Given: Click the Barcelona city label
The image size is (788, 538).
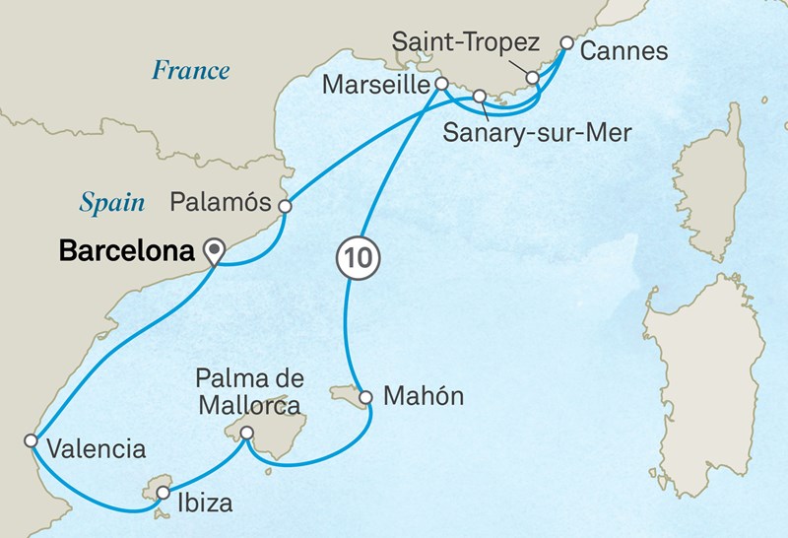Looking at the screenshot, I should [126, 250].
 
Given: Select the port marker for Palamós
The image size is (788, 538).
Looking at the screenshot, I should [285, 207].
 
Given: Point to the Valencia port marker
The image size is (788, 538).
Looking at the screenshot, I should [32, 439].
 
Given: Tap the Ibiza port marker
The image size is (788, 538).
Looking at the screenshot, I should [162, 492].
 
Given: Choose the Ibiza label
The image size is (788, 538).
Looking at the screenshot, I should [206, 504].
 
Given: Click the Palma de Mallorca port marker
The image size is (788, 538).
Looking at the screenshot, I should [246, 432].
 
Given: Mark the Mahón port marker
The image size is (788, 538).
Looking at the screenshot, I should [365, 398].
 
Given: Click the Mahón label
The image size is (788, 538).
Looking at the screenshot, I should [422, 398].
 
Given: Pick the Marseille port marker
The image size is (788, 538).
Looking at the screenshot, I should [442, 84].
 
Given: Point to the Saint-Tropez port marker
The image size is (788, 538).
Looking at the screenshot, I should [532, 77].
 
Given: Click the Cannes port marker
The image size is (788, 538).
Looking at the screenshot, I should [566, 42].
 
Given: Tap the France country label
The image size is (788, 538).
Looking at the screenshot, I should [190, 70].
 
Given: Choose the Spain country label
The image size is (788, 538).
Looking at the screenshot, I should [112, 203].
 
